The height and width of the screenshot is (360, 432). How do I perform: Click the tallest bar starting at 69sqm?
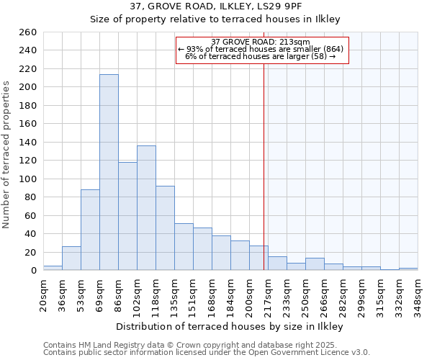click(x=109, y=173)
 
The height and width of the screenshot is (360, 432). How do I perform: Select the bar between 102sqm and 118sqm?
click(x=146, y=208)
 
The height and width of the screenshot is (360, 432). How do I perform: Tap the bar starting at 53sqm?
click(x=90, y=230)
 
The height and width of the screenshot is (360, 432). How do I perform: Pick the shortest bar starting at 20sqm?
click(x=53, y=268)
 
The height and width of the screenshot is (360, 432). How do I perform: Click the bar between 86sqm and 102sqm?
click(x=127, y=216)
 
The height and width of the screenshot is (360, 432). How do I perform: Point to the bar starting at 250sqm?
click(x=315, y=264)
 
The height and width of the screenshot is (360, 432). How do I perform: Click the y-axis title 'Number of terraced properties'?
click(x=7, y=155)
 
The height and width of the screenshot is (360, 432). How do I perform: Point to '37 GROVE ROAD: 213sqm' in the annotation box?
click(x=261, y=42)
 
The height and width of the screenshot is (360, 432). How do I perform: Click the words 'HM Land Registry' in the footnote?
click(x=103, y=345)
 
